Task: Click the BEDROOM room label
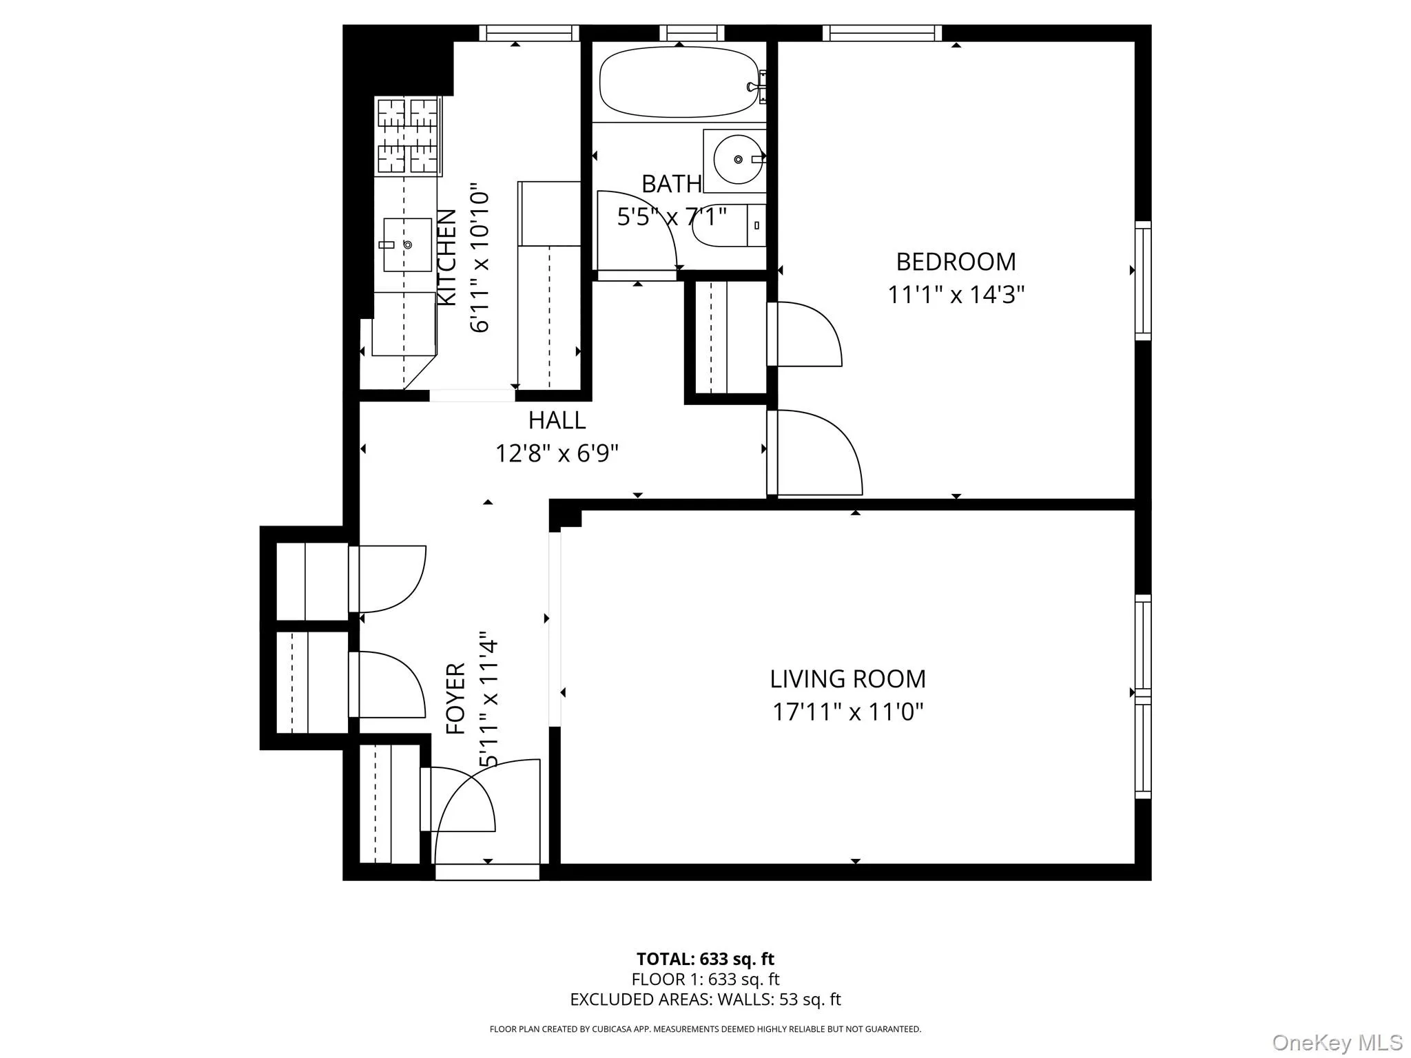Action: [956, 262]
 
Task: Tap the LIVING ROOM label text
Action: [847, 679]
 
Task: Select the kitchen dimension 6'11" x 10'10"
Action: [480, 258]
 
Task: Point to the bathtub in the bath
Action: [678, 83]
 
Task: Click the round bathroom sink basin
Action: [737, 160]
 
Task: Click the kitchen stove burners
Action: [408, 136]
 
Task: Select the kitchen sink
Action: [406, 245]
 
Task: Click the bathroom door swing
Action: [637, 231]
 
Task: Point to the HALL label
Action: [557, 420]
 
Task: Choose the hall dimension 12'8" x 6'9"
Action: [557, 454]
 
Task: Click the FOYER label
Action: [456, 698]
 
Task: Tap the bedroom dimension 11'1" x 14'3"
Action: [956, 295]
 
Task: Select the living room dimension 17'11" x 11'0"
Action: [847, 712]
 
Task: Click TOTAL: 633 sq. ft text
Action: [705, 959]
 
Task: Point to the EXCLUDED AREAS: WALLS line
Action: [705, 999]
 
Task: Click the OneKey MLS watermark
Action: [1337, 1042]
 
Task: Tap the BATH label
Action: [671, 185]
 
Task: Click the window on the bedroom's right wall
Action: [1143, 280]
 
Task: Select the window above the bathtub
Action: [692, 32]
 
